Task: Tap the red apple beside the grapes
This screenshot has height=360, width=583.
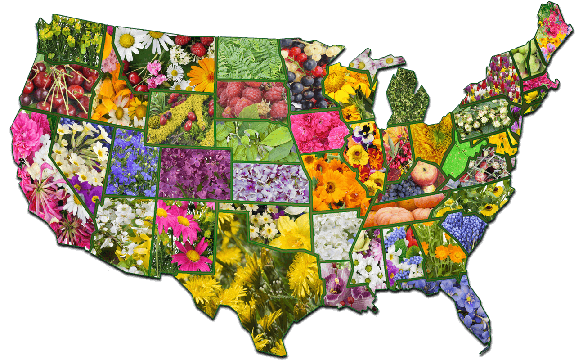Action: (x=423, y=174)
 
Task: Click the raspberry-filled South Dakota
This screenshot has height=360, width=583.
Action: (x=252, y=99)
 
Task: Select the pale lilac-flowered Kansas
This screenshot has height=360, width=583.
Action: (x=270, y=182)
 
